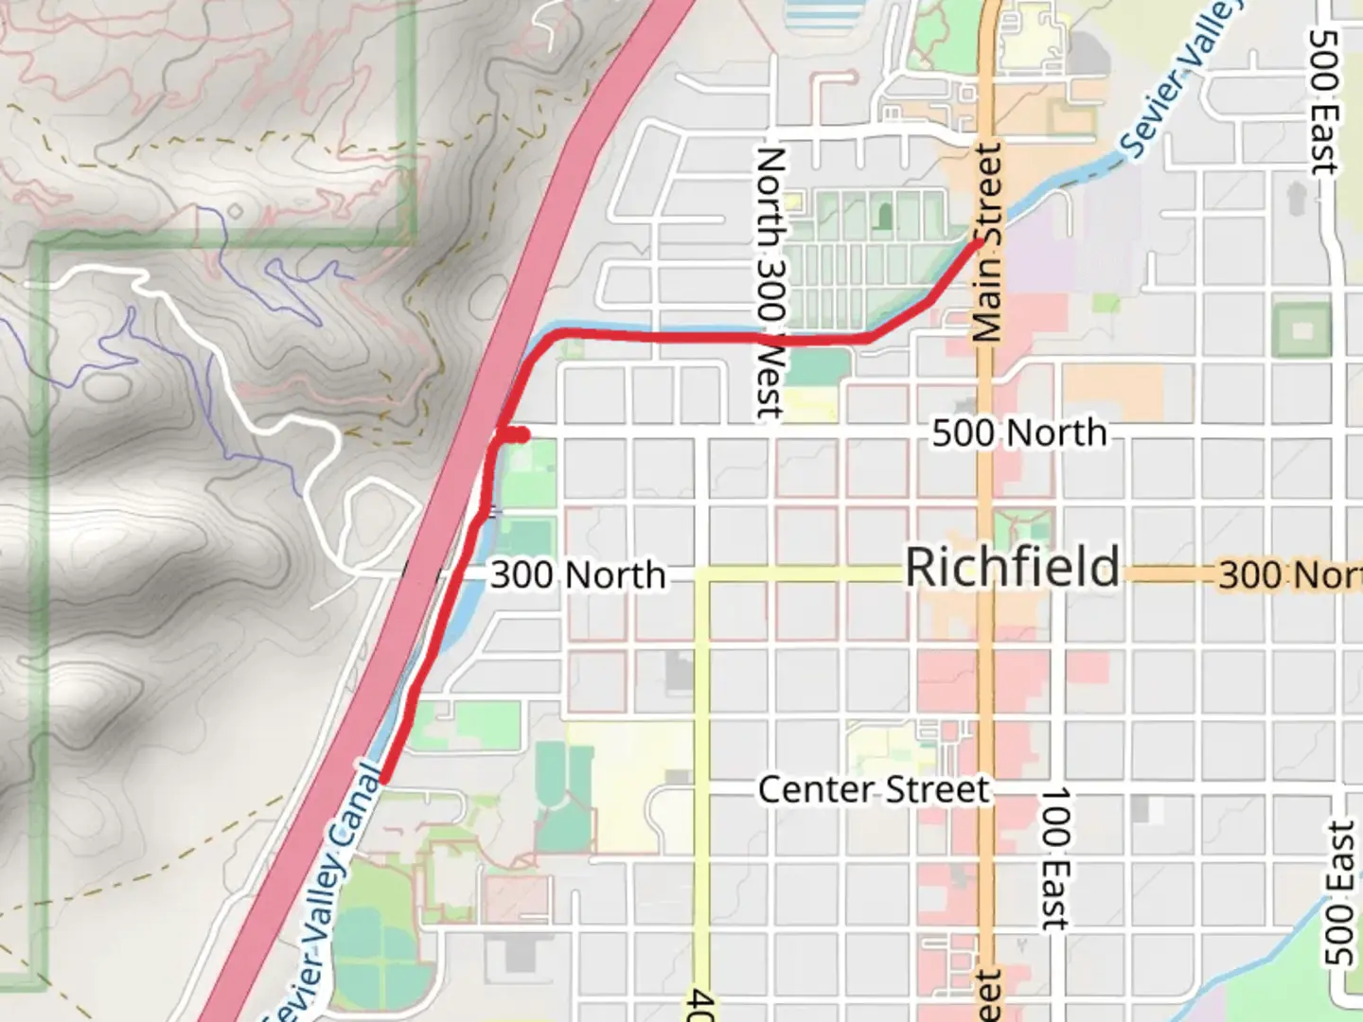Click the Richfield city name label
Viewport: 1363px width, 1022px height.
point(1012,568)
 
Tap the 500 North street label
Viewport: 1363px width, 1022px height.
point(1018,433)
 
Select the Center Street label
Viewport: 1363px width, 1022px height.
point(873,789)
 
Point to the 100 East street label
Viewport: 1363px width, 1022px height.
point(1054,857)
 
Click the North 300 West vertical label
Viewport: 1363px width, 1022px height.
point(770,282)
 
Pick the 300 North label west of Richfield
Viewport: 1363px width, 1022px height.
point(577,575)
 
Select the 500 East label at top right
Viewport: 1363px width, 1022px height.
point(1323,102)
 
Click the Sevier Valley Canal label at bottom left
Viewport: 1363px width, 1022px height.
point(326,895)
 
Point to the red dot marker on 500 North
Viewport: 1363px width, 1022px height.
point(520,434)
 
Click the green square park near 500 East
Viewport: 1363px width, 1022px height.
point(1302,330)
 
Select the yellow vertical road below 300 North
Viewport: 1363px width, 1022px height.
point(701,757)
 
